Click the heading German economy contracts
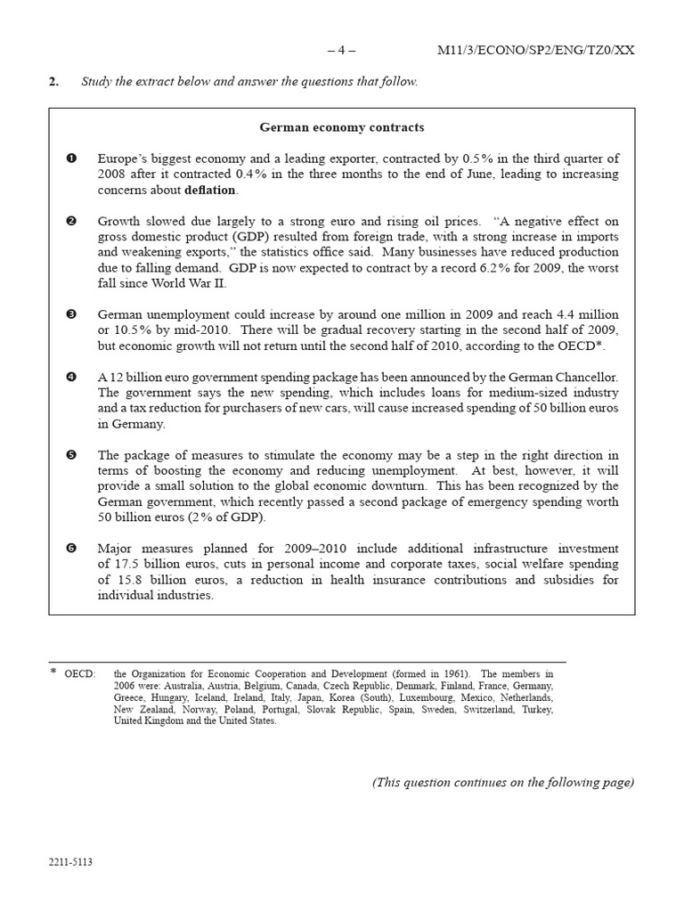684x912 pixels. tap(342, 127)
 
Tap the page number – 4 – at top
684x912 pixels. tap(341, 50)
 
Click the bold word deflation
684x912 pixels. tap(210, 190)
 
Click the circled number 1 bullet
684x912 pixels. tap(71, 159)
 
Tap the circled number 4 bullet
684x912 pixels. tap(71, 378)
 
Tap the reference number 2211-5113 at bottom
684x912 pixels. tap(71, 863)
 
